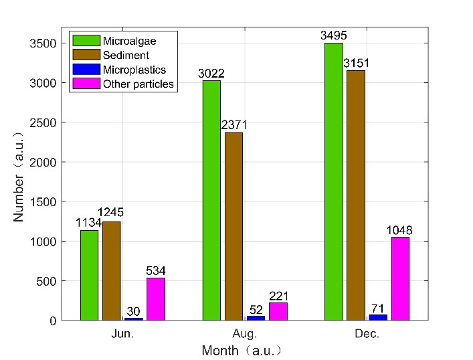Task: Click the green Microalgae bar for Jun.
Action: (89, 275)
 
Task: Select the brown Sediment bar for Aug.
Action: (233, 226)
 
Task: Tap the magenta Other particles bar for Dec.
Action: (400, 278)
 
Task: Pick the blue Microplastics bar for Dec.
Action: (378, 317)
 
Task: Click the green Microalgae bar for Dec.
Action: (333, 181)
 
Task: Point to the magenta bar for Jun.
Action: (156, 298)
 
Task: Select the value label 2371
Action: (233, 126)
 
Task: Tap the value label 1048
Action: (400, 230)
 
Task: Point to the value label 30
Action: (134, 311)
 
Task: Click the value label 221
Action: (278, 296)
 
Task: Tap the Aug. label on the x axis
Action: (245, 334)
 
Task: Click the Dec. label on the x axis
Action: (367, 334)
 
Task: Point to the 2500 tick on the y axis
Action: (52, 122)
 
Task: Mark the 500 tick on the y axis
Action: (55, 280)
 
